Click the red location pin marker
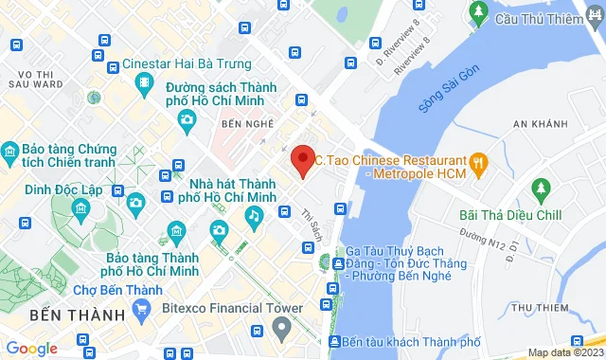pos(302,159)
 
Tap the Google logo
pos(31,349)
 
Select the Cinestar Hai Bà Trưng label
pos(187,64)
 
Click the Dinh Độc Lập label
pos(62,188)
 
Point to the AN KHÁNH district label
pos(540,124)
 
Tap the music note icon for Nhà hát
pos(254,216)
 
